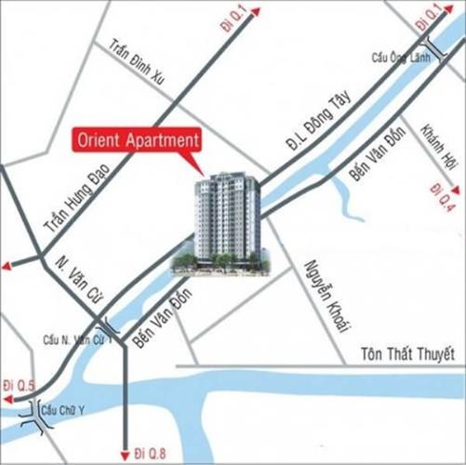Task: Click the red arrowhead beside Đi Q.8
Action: [124, 456]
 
